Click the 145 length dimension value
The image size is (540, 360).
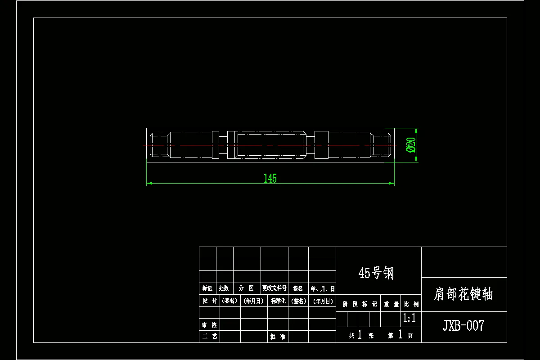point(270,178)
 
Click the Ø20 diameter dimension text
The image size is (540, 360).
point(410,145)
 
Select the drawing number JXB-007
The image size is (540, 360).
point(463,325)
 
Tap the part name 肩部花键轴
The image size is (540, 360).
point(463,294)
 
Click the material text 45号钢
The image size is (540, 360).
point(376,273)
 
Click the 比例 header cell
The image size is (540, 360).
point(410,304)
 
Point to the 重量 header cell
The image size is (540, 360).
point(391,304)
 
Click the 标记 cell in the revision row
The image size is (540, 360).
point(207,288)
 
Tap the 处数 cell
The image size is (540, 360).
point(224,288)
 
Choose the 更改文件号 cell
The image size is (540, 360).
point(274,288)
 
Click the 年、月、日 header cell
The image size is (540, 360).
point(322,288)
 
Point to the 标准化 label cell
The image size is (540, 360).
point(278,301)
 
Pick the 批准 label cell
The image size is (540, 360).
point(278,336)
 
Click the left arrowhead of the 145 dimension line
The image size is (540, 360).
point(149,183)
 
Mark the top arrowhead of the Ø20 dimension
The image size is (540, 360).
point(416,130)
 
